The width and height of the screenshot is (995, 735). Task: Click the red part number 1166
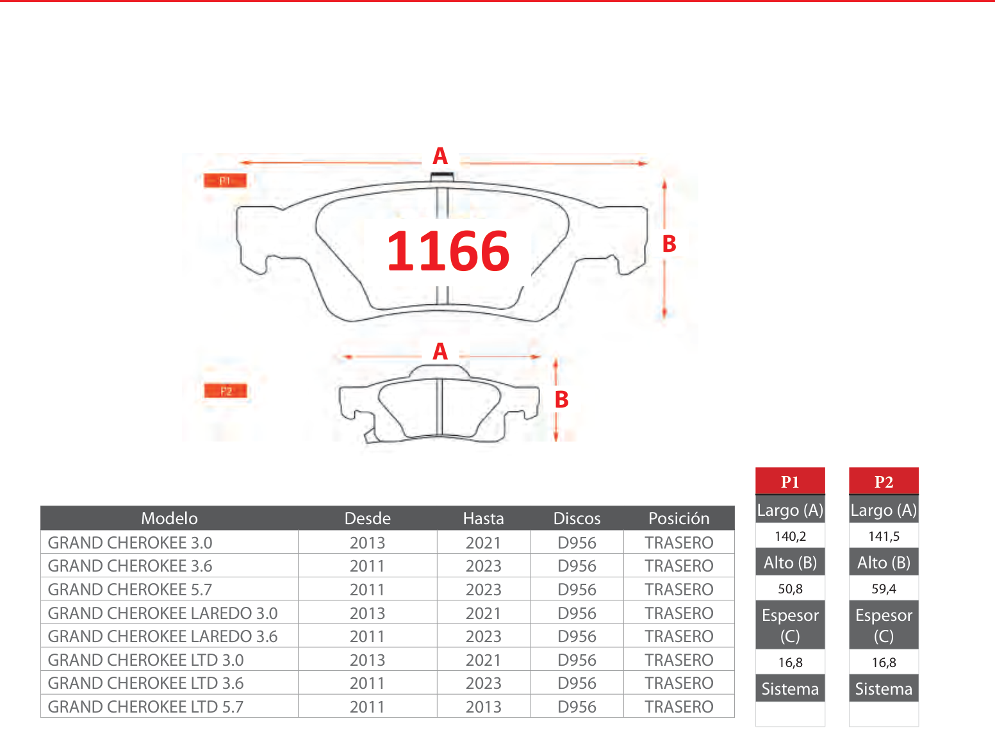coord(448,251)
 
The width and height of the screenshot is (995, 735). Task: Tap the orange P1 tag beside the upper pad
coord(225,180)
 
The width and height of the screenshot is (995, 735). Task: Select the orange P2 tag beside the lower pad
coord(226,391)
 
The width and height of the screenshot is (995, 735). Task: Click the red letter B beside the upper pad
coord(669,244)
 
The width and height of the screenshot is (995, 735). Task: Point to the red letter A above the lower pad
coord(440,351)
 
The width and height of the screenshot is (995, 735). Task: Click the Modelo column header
coord(169,518)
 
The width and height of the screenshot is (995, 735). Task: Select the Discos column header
coord(577,518)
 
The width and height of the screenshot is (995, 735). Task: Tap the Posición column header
coord(678,518)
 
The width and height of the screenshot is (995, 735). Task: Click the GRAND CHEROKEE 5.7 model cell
coord(129,589)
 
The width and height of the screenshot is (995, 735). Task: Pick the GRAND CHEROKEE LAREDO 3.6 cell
coord(163,636)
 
